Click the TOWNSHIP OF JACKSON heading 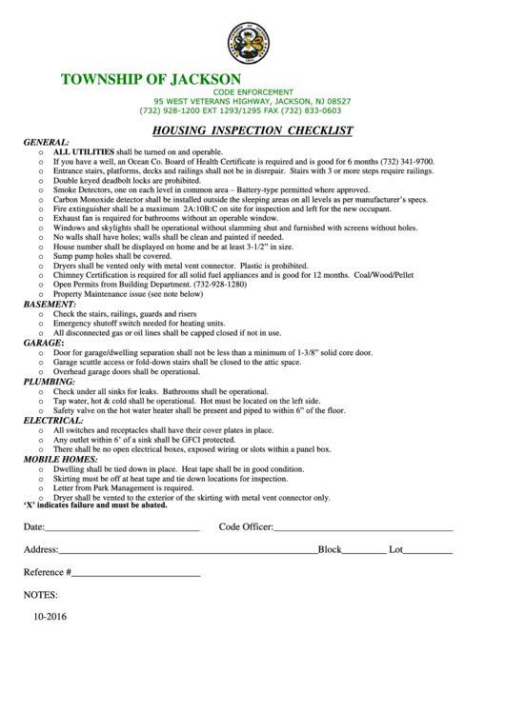point(151,78)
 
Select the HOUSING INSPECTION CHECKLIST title point(252,130)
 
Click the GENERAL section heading point(46,142)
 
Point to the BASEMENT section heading point(50,304)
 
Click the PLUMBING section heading point(49,381)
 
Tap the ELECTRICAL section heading point(53,420)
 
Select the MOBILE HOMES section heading point(60,458)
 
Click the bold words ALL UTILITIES point(84,152)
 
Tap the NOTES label point(41,595)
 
